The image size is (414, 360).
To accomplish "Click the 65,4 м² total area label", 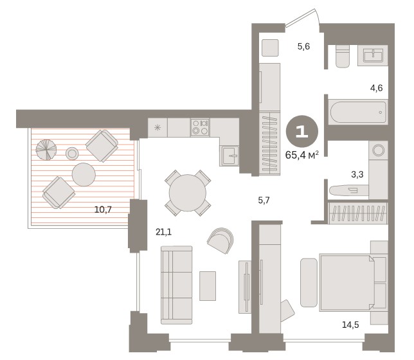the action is pyautogui.click(x=301, y=155).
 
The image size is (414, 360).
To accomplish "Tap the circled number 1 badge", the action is pyautogui.click(x=302, y=131).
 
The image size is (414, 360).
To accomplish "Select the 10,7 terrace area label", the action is pyautogui.click(x=103, y=210).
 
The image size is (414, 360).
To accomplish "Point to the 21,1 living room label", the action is pyautogui.click(x=163, y=232).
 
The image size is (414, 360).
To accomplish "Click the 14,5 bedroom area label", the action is pyautogui.click(x=350, y=325).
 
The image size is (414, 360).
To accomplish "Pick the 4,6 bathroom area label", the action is pyautogui.click(x=376, y=88).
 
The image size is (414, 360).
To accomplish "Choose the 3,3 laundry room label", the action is pyautogui.click(x=357, y=174).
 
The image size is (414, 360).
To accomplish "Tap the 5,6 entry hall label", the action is pyautogui.click(x=303, y=46).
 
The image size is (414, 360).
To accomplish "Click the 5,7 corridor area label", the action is pyautogui.click(x=264, y=201).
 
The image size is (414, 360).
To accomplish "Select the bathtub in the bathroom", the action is pyautogui.click(x=358, y=112).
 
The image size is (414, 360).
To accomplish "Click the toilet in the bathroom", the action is pyautogui.click(x=343, y=57).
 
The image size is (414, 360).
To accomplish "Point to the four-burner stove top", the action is pyautogui.click(x=200, y=127).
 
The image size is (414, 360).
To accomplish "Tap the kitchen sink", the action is pyautogui.click(x=229, y=156).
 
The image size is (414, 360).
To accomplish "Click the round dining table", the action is pyautogui.click(x=188, y=193).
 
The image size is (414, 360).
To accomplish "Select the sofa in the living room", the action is pyautogui.click(x=176, y=285).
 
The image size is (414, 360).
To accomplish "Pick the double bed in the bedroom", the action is pyautogui.click(x=346, y=283).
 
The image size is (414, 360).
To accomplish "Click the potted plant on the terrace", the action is pyautogui.click(x=46, y=150).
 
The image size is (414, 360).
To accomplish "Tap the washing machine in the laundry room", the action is pyautogui.click(x=379, y=150).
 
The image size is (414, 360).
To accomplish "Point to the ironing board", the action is pyautogui.click(x=349, y=190).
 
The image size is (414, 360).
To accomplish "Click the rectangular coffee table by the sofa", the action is pyautogui.click(x=208, y=286).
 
